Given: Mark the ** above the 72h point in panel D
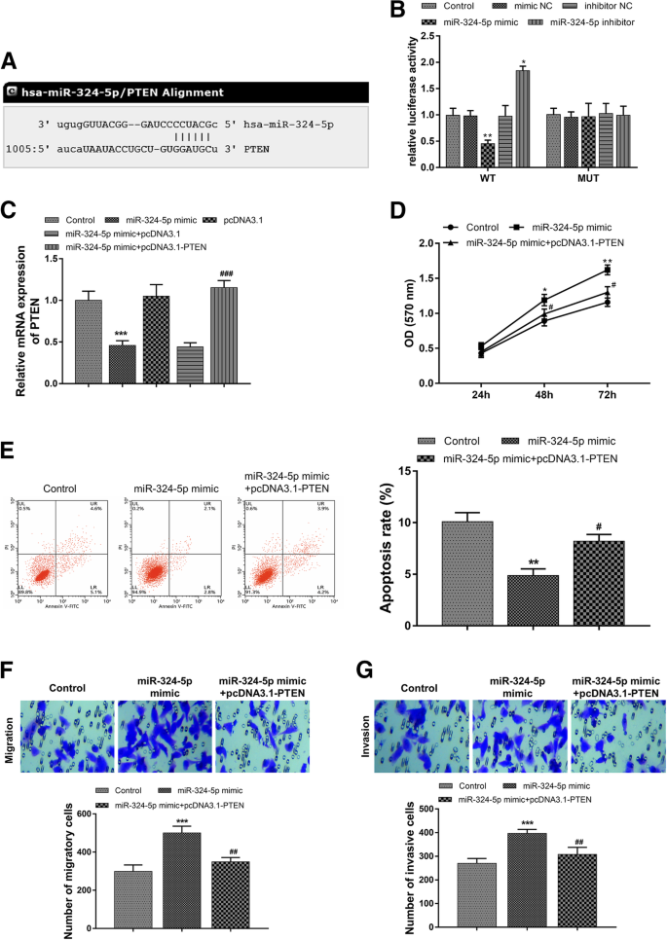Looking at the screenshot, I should pos(607,261).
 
